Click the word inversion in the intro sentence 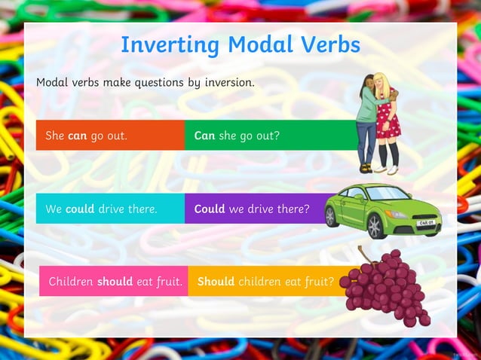click(x=227, y=82)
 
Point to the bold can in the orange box click(x=78, y=136)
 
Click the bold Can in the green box click(x=204, y=136)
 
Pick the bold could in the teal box click(x=80, y=209)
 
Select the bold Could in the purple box click(x=210, y=209)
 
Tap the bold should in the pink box click(x=115, y=282)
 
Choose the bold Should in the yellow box click(x=216, y=282)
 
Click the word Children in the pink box click(x=71, y=282)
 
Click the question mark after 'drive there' click(x=307, y=209)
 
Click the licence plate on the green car click(x=425, y=224)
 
